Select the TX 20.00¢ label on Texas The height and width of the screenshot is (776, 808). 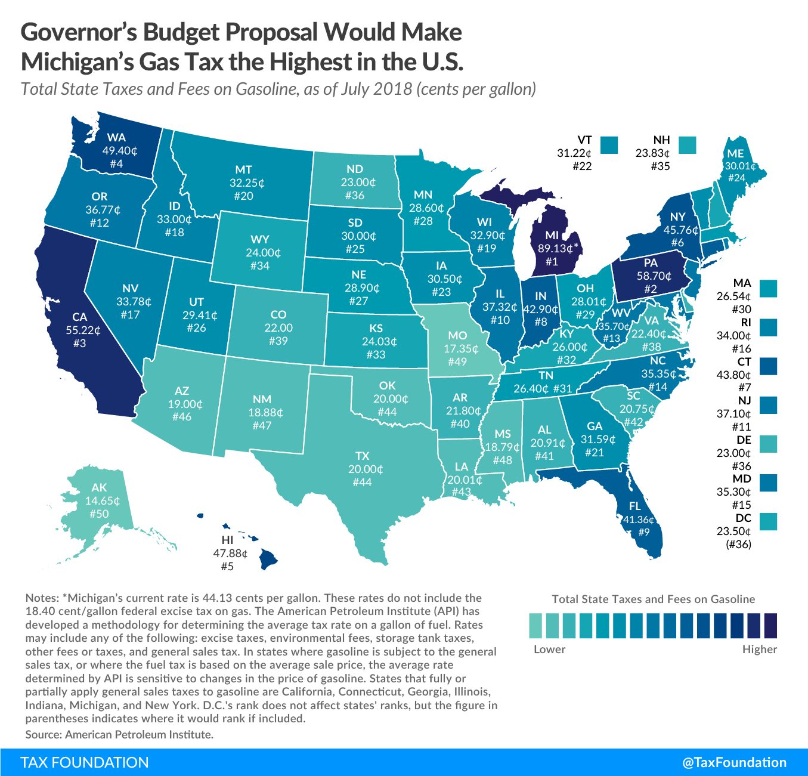coord(362,469)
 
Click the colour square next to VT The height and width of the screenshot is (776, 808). coord(609,145)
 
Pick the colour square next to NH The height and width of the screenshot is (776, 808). coord(688,145)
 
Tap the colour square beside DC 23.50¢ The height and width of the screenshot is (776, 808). coord(769,522)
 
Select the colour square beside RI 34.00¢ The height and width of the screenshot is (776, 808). coord(769,327)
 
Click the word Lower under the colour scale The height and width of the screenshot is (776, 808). coord(549,649)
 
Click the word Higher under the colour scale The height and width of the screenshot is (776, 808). coord(759,649)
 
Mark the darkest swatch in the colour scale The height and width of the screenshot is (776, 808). coord(770,626)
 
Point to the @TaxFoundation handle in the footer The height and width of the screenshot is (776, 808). coord(734,762)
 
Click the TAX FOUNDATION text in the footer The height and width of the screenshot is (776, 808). coord(84,762)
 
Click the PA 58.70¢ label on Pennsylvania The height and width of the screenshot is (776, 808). coord(650,276)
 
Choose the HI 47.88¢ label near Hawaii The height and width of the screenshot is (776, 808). coord(228,553)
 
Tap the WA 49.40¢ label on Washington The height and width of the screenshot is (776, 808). coord(117,150)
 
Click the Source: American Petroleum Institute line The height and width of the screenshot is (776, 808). coord(119,734)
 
